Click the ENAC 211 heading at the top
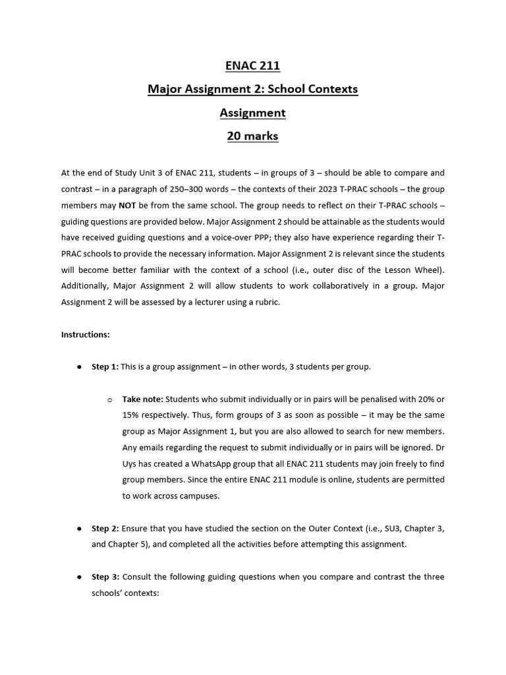252,65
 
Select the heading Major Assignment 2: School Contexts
252,89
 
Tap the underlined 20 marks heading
252,136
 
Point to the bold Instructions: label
85,334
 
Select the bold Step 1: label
105,367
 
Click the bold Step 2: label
105,529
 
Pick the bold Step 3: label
105,577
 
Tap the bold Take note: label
142,399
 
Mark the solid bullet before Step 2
79,529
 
